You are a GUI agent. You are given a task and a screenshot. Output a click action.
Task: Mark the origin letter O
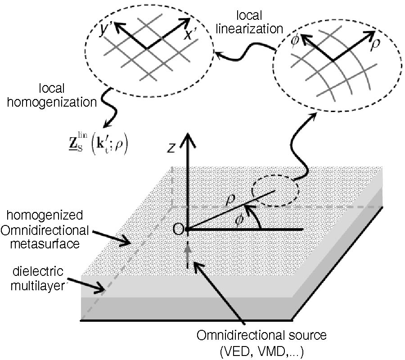pos(178,229)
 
